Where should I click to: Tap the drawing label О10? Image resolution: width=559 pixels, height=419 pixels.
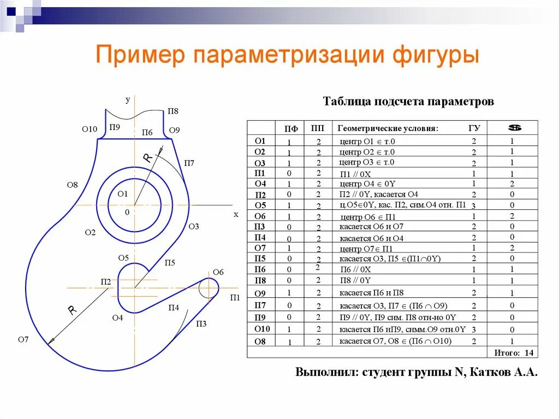tap(89, 129)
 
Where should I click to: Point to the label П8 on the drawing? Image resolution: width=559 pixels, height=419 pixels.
tap(173, 111)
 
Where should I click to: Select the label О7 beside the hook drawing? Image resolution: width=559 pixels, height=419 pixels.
tap(23, 340)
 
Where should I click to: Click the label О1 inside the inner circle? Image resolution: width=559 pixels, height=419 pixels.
tap(122, 194)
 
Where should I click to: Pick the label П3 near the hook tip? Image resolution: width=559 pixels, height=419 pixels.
tap(201, 323)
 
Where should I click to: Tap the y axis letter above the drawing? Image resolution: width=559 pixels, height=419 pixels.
tap(128, 99)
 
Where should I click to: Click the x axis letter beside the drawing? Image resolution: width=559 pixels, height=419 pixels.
tap(236, 215)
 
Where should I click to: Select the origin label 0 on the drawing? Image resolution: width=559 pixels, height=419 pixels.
tap(127, 212)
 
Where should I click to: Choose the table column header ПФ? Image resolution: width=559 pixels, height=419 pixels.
tap(291, 129)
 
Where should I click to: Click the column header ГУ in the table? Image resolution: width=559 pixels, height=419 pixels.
tap(474, 128)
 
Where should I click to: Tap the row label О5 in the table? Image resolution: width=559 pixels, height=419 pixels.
tap(260, 205)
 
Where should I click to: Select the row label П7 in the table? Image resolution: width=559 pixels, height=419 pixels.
tap(260, 305)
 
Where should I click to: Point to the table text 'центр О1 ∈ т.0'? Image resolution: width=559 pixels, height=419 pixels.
tap(366, 141)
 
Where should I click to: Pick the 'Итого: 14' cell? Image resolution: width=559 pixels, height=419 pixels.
tap(514, 352)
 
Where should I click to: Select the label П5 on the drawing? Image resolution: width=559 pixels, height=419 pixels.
tap(170, 263)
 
